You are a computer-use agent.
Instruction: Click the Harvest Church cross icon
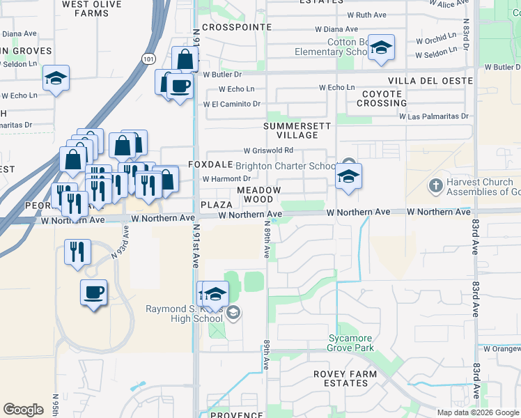435,186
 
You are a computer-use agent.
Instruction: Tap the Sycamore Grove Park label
351,343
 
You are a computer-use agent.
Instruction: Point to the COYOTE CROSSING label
382,98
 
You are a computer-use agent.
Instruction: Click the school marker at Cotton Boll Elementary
381,47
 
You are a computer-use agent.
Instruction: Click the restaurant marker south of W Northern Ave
77,251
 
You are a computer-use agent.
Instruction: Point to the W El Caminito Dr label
232,104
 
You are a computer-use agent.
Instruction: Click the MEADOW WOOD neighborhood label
258,194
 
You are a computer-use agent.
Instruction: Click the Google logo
23,410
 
